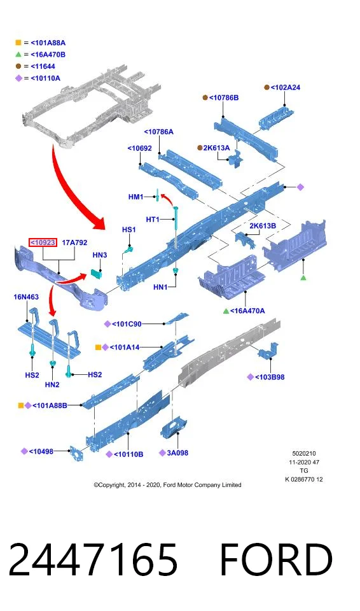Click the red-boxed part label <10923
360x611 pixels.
pos(43,242)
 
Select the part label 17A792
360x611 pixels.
pos(74,242)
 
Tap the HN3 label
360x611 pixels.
pos(100,255)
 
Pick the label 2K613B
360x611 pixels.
pos(263,225)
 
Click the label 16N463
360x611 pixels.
pos(26,297)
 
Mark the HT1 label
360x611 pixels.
pos(153,220)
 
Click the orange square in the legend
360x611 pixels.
pos(18,43)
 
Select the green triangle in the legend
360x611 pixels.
pos(18,54)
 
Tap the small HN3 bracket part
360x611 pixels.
pos(96,273)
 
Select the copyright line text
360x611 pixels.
pos(167,485)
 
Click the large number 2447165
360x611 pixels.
pos(93,559)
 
